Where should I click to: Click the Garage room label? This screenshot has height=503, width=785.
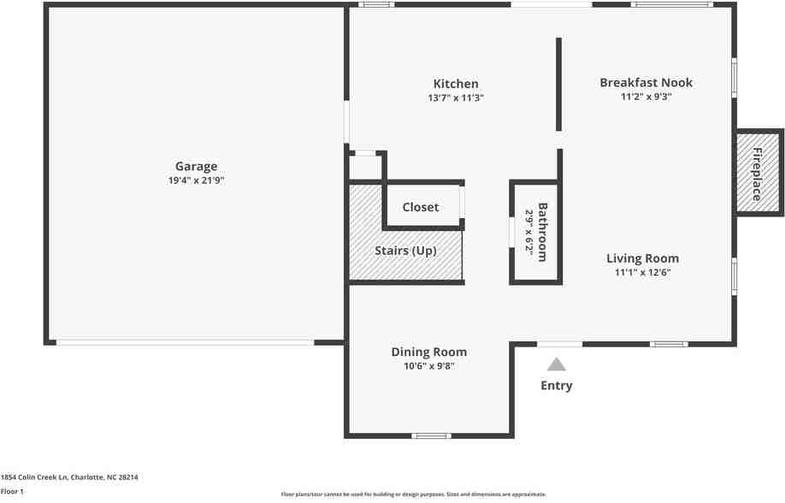(x=196, y=166)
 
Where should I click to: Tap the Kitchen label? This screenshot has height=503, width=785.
(x=456, y=84)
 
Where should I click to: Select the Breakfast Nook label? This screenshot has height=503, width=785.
(x=646, y=82)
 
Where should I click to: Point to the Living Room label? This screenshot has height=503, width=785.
(x=642, y=258)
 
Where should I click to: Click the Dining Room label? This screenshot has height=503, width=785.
(x=429, y=352)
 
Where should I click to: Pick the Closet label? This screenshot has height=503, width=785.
(x=420, y=207)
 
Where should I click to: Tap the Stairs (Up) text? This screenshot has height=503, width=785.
(x=405, y=251)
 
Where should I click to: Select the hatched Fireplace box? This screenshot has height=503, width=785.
(x=758, y=174)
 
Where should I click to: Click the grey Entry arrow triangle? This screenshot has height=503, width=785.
(x=557, y=364)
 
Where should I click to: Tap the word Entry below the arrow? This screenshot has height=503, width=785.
(x=557, y=386)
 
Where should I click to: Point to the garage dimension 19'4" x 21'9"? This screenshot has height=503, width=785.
(x=196, y=180)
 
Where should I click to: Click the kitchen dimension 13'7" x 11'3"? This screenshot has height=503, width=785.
(x=456, y=98)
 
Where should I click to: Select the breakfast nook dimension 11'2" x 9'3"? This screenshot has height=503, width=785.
(x=646, y=97)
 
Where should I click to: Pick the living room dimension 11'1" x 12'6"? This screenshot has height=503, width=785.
(x=642, y=273)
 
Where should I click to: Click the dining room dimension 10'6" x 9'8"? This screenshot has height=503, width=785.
(x=429, y=366)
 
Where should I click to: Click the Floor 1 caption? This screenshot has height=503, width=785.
(x=12, y=492)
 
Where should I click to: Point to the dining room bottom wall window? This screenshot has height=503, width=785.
(x=432, y=435)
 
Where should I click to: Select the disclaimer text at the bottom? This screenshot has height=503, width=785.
(x=413, y=494)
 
